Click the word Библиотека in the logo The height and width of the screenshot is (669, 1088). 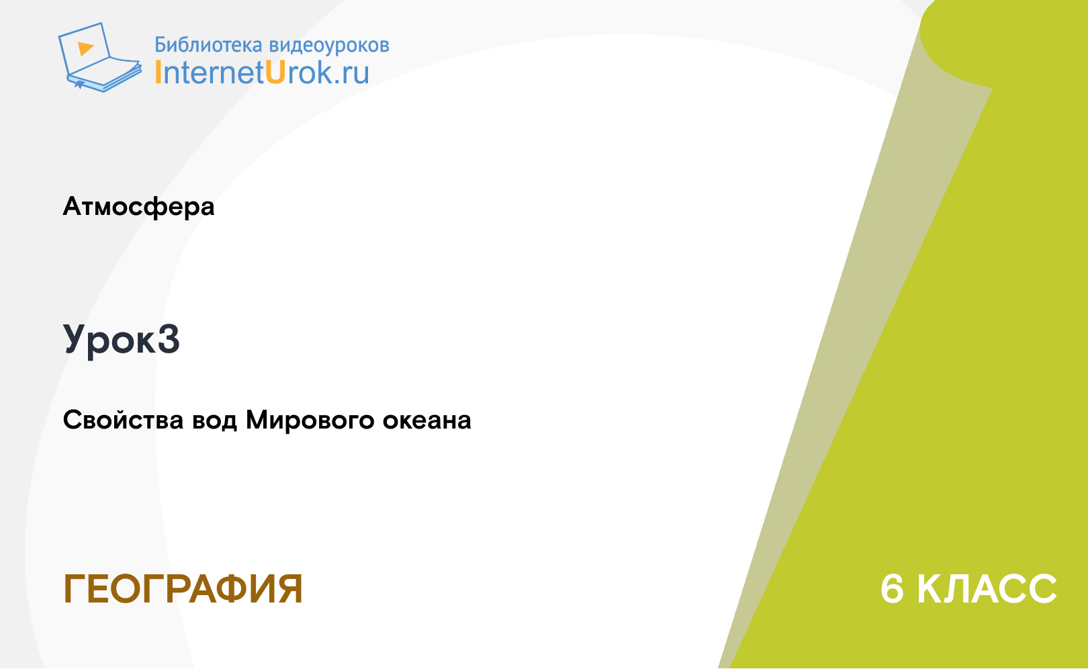[208, 45]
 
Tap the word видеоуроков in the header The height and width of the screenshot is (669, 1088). [329, 45]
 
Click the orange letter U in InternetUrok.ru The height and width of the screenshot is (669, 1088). [275, 73]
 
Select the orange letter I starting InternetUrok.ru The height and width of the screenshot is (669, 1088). [158, 73]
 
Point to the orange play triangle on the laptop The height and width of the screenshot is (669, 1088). [85, 48]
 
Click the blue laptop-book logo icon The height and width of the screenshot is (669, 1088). [100, 57]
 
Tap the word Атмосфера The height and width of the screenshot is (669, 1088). [138, 207]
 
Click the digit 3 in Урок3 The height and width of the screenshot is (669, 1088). [169, 339]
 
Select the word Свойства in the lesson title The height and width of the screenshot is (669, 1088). [124, 420]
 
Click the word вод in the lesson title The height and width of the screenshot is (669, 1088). [215, 420]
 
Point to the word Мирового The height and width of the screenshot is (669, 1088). [310, 420]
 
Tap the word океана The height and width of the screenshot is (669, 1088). [427, 420]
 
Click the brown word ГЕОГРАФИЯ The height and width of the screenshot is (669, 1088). [183, 589]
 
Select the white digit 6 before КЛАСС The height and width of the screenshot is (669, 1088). [893, 589]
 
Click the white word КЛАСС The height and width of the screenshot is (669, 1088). [987, 589]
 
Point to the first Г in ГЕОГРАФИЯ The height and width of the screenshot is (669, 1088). [75, 589]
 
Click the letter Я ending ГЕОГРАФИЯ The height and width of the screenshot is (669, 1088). [290, 589]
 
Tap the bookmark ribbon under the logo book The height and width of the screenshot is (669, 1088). [79, 85]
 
